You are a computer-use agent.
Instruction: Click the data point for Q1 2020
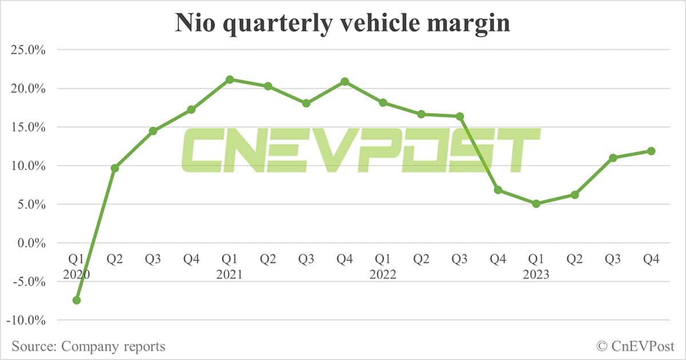tap(77, 300)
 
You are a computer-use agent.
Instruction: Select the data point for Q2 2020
tap(115, 168)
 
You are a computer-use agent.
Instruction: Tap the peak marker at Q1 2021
tap(229, 79)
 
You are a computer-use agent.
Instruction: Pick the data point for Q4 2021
tap(344, 82)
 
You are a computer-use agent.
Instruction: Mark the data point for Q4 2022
tap(497, 190)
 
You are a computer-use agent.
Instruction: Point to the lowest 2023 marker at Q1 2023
tap(536, 203)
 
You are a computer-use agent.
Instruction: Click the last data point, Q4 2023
tap(651, 151)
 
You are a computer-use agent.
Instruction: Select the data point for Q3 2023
tap(612, 158)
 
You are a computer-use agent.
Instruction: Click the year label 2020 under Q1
tap(77, 274)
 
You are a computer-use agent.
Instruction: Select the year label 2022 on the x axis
tap(382, 274)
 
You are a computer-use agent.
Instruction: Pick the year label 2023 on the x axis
tap(536, 274)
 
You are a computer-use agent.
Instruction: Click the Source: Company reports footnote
tap(89, 346)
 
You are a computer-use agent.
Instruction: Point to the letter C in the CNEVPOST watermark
tap(206, 150)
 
